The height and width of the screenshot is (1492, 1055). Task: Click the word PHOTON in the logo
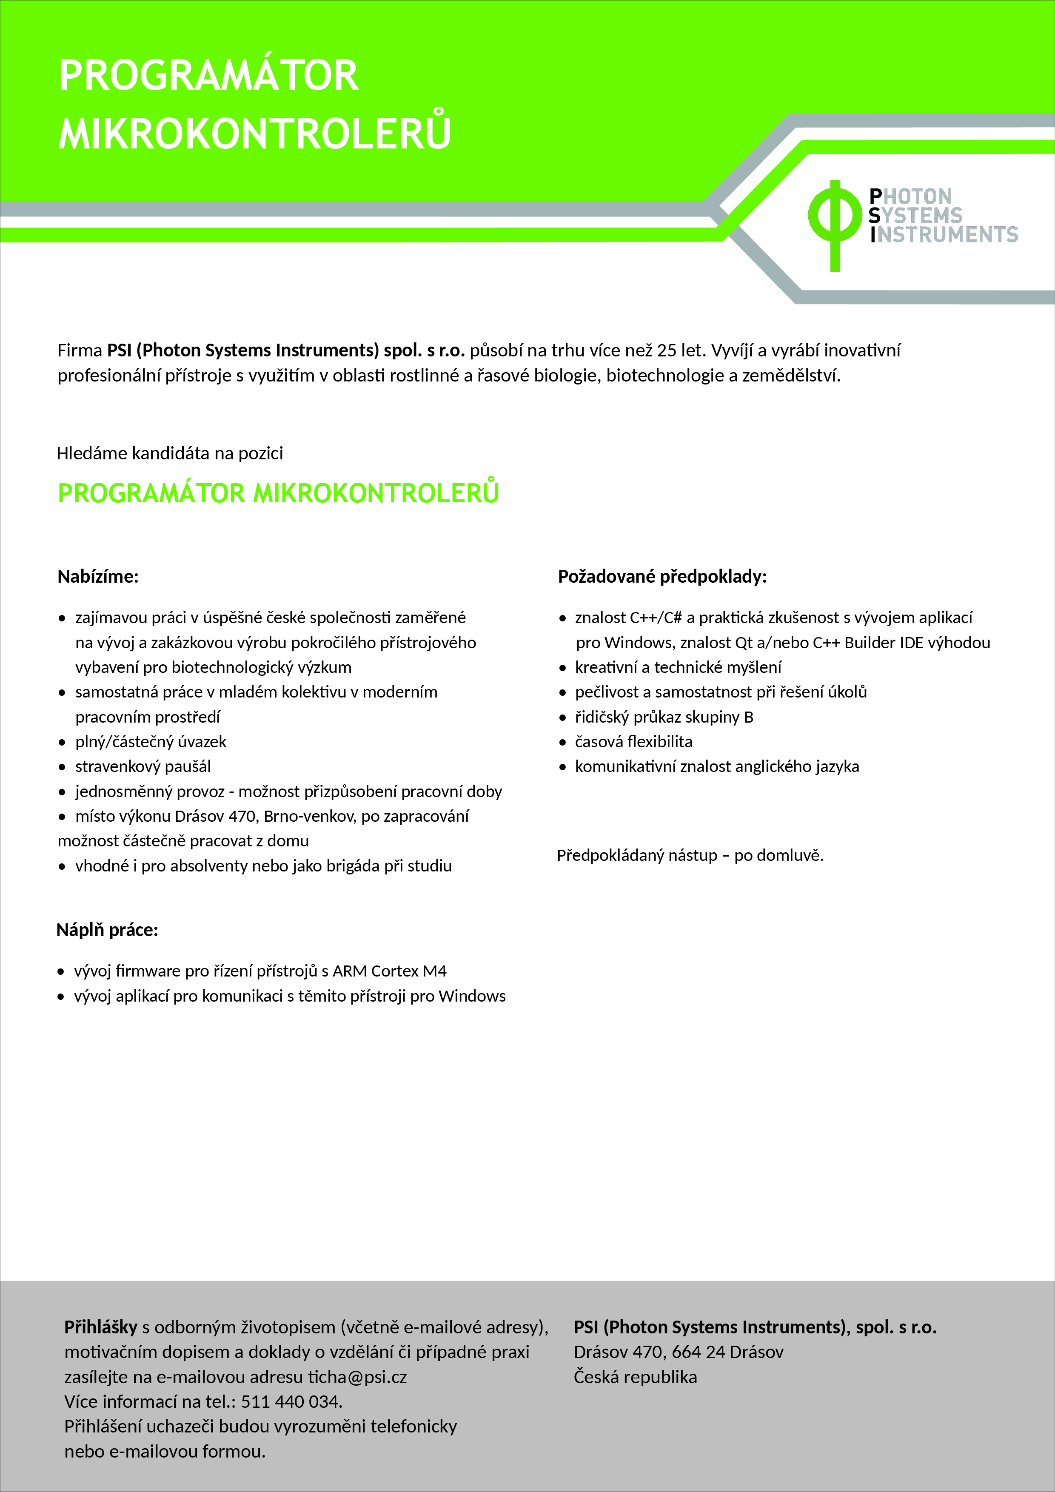point(911,196)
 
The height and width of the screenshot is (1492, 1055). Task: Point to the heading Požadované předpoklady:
point(662,576)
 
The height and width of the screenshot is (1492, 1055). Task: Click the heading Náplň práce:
point(107,930)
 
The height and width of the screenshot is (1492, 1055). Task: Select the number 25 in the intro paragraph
point(666,351)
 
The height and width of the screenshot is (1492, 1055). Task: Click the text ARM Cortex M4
point(389,971)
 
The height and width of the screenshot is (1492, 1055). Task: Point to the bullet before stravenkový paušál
point(63,767)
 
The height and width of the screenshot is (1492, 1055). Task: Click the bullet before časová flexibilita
point(563,743)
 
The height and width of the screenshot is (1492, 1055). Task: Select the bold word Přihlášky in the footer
point(101,1327)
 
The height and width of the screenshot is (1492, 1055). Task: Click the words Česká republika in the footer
point(635,1377)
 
